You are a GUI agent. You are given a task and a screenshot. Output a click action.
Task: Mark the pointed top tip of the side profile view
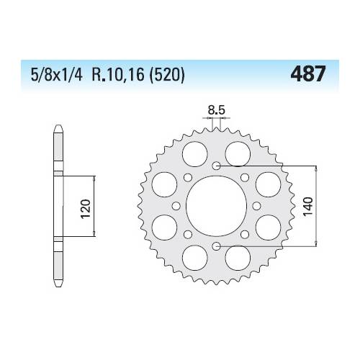tap(56, 128)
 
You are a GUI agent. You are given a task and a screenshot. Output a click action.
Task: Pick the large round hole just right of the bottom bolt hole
tap(238, 258)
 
